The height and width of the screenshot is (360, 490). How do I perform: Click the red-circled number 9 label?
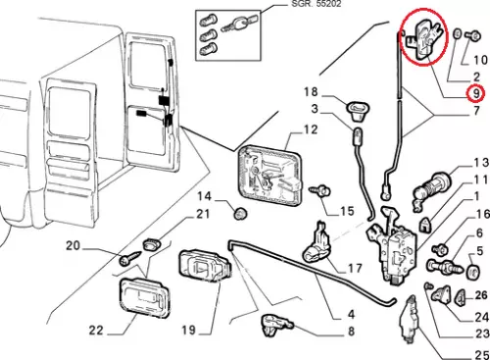coord(476,93)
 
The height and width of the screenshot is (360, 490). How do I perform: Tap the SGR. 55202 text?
coord(316,4)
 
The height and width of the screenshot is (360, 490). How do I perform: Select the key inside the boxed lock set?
coord(237,24)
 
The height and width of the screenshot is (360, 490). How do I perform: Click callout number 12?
coord(311,129)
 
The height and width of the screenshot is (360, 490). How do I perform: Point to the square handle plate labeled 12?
coord(270,176)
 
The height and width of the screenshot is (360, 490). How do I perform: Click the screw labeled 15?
coord(320,190)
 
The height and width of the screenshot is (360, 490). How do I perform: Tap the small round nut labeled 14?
coord(240,213)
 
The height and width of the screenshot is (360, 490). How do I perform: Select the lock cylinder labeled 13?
coord(432,188)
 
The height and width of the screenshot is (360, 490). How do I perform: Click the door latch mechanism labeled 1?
coord(391,246)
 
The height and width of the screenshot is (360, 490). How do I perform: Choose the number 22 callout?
coord(96,331)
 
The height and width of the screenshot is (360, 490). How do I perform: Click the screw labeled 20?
coord(130,258)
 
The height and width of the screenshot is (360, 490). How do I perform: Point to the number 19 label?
coord(189,330)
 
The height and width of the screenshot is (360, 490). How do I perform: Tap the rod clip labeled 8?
coord(276,325)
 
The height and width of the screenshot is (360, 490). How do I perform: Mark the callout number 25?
coord(481,354)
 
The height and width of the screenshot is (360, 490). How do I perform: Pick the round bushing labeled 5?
coord(472,271)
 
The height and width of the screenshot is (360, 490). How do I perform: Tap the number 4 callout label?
coord(351,314)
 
